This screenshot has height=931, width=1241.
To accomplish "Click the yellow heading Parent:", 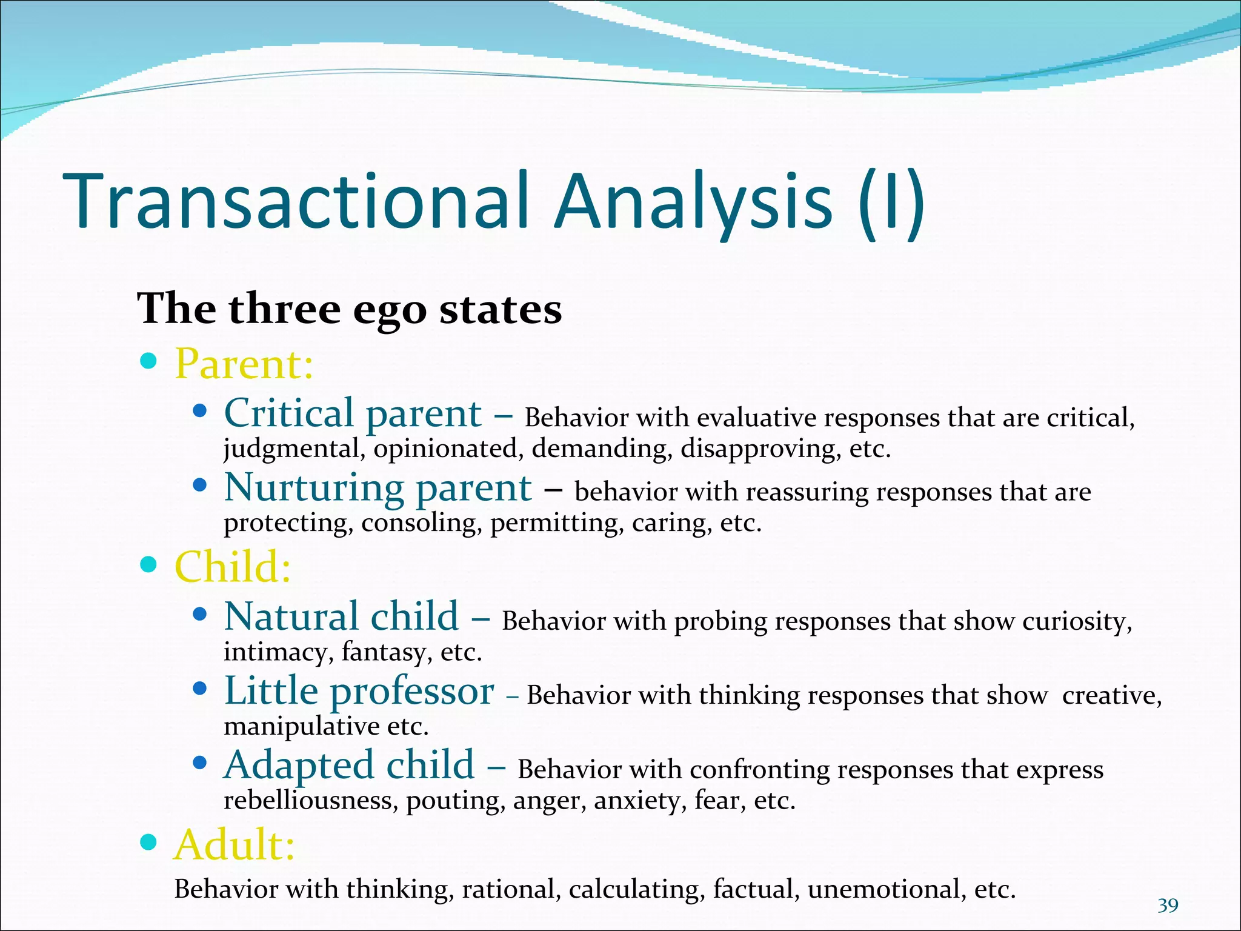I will (244, 364).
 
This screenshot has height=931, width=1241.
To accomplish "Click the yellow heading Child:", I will (233, 567).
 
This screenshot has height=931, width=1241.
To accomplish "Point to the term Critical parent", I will (353, 414).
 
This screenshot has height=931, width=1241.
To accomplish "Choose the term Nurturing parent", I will (378, 488).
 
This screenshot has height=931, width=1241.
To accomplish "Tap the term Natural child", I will (341, 617).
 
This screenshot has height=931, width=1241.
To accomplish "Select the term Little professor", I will (359, 691).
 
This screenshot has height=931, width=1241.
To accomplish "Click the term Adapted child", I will (349, 765).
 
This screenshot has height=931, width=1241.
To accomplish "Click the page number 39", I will (1168, 906).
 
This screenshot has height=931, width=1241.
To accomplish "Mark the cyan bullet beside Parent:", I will (148, 362).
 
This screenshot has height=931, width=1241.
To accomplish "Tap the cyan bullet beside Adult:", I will (148, 842).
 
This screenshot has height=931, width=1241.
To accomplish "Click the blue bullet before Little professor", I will (199, 689).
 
